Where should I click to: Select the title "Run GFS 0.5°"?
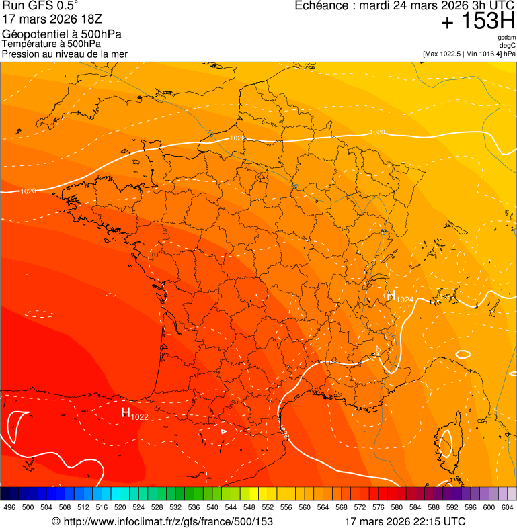40,7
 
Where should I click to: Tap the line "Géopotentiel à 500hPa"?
62,34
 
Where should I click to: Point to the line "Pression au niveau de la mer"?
65,54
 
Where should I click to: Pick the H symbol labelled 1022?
126,412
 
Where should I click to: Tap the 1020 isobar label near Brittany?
28,191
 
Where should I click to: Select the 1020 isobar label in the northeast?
377,132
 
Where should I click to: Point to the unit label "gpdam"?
506,38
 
